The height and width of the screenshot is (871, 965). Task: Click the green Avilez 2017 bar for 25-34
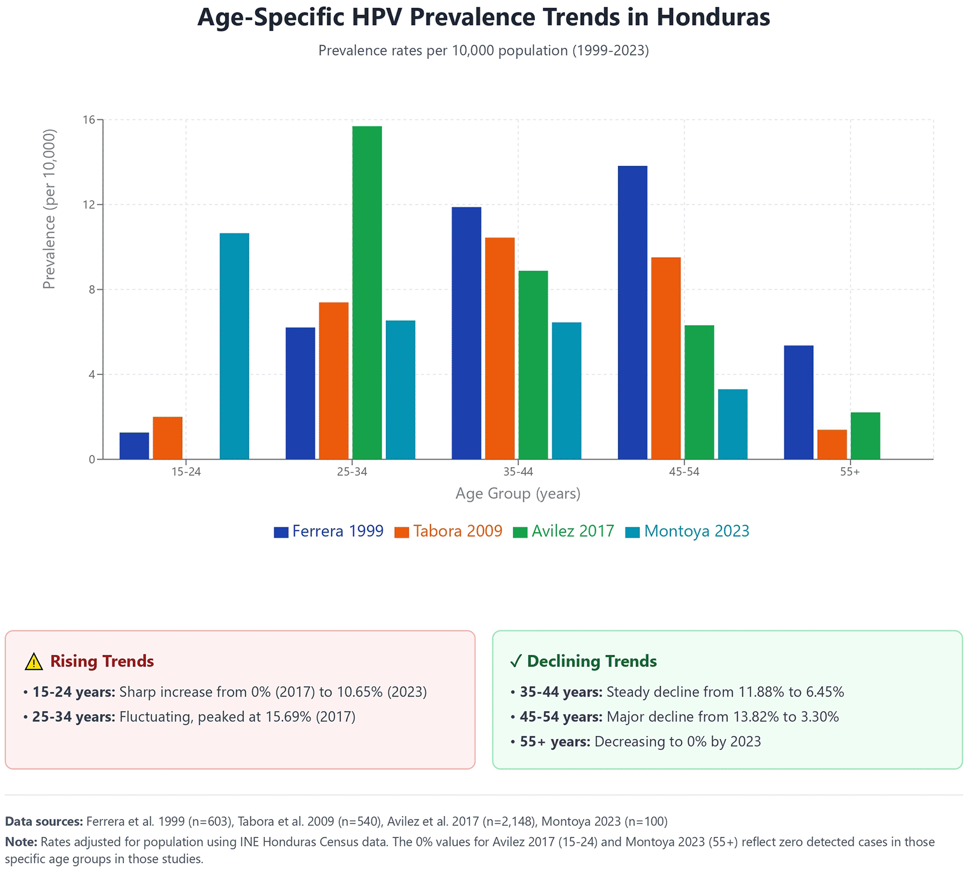pyautogui.click(x=367, y=293)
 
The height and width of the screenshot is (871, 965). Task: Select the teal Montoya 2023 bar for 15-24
pyautogui.click(x=234, y=346)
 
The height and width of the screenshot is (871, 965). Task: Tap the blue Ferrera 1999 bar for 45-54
pyautogui.click(x=632, y=312)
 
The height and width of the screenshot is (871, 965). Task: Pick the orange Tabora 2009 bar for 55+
pyautogui.click(x=832, y=444)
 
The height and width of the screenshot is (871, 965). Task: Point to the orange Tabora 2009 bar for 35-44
pyautogui.click(x=500, y=348)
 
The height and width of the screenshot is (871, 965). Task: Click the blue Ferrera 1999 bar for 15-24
pyautogui.click(x=134, y=446)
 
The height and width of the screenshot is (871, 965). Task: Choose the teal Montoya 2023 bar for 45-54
pyautogui.click(x=733, y=424)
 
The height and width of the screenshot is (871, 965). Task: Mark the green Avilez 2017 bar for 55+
pyautogui.click(x=865, y=436)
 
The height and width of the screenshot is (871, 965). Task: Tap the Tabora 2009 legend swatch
pyautogui.click(x=402, y=532)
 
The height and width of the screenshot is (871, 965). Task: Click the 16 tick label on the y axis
pyautogui.click(x=89, y=120)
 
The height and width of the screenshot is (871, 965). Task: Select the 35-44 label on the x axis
pyautogui.click(x=518, y=472)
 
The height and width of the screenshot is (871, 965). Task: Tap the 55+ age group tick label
pyautogui.click(x=850, y=472)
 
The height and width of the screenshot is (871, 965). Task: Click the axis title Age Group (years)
pyautogui.click(x=518, y=494)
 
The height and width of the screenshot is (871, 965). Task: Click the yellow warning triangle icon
pyautogui.click(x=34, y=661)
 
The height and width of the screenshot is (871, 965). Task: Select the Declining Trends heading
pyautogui.click(x=591, y=661)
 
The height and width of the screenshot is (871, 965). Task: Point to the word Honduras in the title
pyautogui.click(x=713, y=17)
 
